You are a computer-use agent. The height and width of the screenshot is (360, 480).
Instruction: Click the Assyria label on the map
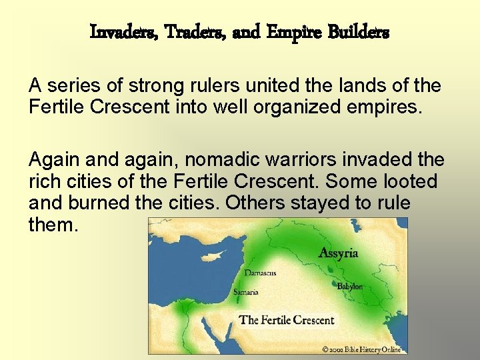tap(338, 253)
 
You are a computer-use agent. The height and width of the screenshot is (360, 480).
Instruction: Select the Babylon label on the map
tap(350, 286)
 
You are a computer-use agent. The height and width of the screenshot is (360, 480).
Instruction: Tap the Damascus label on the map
tap(259, 273)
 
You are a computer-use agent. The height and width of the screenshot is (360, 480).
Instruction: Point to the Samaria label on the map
tap(245, 292)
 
